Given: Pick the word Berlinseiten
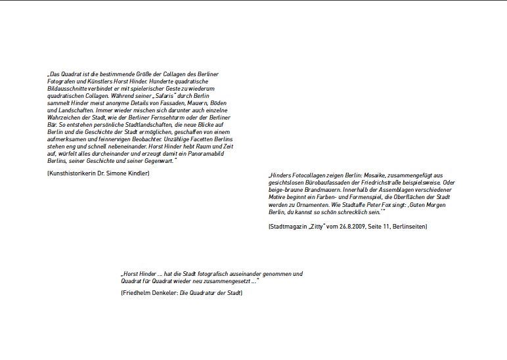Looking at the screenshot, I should [408, 227].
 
